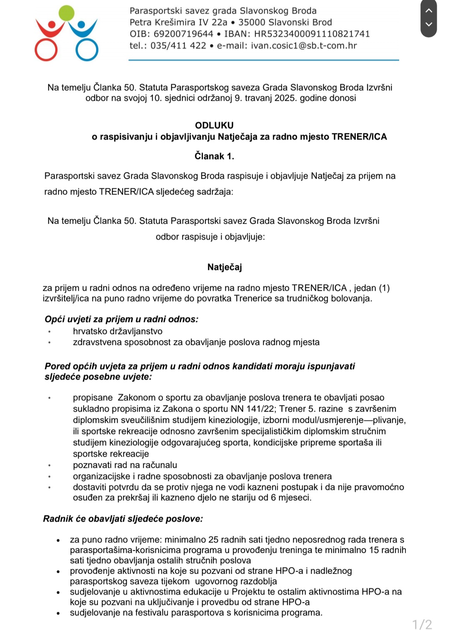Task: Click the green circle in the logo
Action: click(67, 13)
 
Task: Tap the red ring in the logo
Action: click(46, 50)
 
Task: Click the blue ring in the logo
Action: click(87, 50)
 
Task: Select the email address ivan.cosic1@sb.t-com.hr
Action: click(304, 45)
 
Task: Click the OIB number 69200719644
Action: click(183, 34)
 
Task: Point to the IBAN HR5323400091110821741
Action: click(312, 34)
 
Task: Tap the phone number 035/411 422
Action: click(178, 45)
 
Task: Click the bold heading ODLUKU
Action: click(214, 125)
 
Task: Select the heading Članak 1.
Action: click(214, 156)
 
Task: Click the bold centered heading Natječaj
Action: click(225, 267)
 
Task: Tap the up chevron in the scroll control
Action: click(429, 10)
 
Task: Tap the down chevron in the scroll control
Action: click(429, 24)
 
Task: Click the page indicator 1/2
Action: click(422, 624)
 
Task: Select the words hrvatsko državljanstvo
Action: click(117, 331)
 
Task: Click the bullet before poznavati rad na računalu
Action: click(50, 465)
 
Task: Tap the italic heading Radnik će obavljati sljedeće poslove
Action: click(123, 519)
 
